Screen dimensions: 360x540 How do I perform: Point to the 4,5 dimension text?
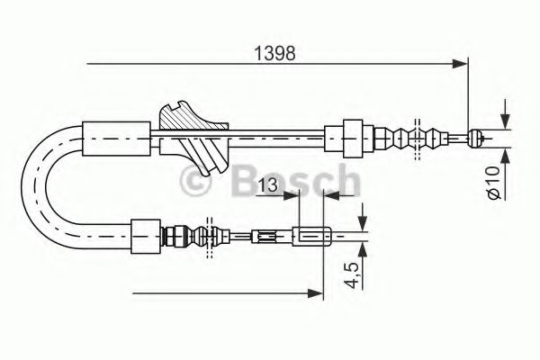(x=354, y=273)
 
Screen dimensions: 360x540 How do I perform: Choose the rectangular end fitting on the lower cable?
(x=313, y=238)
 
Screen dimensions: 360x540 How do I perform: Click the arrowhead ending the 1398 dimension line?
(x=462, y=63)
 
